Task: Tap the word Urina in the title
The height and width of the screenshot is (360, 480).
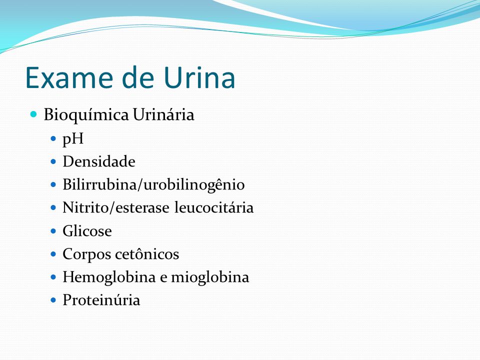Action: pyautogui.click(x=199, y=77)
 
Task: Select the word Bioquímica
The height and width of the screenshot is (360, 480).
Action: pyautogui.click(x=86, y=115)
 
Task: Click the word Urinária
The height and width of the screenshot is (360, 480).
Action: pyautogui.click(x=163, y=114)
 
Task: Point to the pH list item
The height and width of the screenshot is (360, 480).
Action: pyautogui.click(x=73, y=139)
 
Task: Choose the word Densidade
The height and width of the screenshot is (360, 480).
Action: pyautogui.click(x=99, y=161)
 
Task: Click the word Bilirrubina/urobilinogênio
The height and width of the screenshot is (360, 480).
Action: pyautogui.click(x=153, y=185)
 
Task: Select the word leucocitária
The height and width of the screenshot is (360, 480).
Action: pyautogui.click(x=214, y=207)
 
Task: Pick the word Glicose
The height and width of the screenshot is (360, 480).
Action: pyautogui.click(x=87, y=231)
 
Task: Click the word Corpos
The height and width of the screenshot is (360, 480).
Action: pyautogui.click(x=86, y=254)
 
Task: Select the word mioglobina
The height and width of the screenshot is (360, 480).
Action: pyautogui.click(x=210, y=277)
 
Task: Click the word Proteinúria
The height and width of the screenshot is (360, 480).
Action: pyautogui.click(x=101, y=299)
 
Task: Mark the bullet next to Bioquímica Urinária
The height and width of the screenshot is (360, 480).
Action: pyautogui.click(x=33, y=114)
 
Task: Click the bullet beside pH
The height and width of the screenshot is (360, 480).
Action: pyautogui.click(x=53, y=138)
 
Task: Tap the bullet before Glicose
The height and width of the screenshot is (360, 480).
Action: pyautogui.click(x=53, y=231)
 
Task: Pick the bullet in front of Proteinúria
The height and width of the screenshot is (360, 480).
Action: pyautogui.click(x=53, y=299)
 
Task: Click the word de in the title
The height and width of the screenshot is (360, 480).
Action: pyautogui.click(x=138, y=77)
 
